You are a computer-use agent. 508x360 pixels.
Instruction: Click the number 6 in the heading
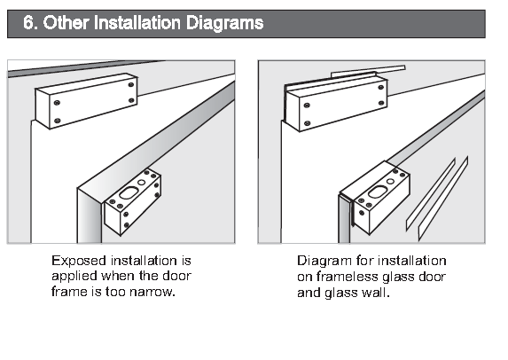28,23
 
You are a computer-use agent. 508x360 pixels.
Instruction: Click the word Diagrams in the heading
224,23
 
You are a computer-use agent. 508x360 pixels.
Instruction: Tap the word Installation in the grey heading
137,23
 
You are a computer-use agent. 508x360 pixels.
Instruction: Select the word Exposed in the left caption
79,262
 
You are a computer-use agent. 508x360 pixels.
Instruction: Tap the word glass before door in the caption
398,278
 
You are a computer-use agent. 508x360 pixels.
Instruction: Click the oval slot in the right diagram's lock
378,192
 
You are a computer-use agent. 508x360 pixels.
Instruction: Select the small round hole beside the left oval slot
142,182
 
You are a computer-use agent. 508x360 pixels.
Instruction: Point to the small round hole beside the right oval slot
390,181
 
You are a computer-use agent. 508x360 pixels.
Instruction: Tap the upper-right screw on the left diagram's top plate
131,85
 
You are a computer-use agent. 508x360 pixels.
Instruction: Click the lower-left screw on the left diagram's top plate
58,121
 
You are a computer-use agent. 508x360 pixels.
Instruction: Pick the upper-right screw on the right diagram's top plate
381,87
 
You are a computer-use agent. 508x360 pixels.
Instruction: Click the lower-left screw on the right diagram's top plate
308,123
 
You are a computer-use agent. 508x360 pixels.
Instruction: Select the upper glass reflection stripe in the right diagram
431,195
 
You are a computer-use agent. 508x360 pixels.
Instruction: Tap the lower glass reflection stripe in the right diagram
443,199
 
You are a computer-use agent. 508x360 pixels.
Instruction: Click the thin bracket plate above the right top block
368,72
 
